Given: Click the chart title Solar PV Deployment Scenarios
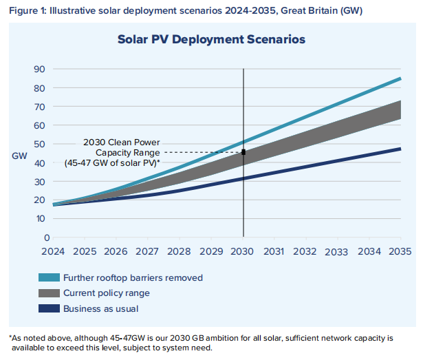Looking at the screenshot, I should click(211, 40).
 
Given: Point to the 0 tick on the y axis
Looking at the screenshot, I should click(42, 237).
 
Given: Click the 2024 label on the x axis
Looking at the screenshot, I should click(53, 251).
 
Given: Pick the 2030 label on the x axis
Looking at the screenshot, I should click(243, 251).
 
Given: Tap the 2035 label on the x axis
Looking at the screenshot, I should click(400, 251).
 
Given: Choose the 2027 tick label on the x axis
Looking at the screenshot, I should click(148, 251).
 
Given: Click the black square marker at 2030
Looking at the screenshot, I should click(243, 152).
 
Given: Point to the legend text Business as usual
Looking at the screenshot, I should click(100, 308).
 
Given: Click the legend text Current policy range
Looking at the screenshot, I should click(106, 293).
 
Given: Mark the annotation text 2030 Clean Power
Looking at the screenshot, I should click(121, 142).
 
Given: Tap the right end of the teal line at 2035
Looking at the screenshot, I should click(400, 78).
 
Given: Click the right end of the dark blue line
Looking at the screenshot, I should click(400, 149).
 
